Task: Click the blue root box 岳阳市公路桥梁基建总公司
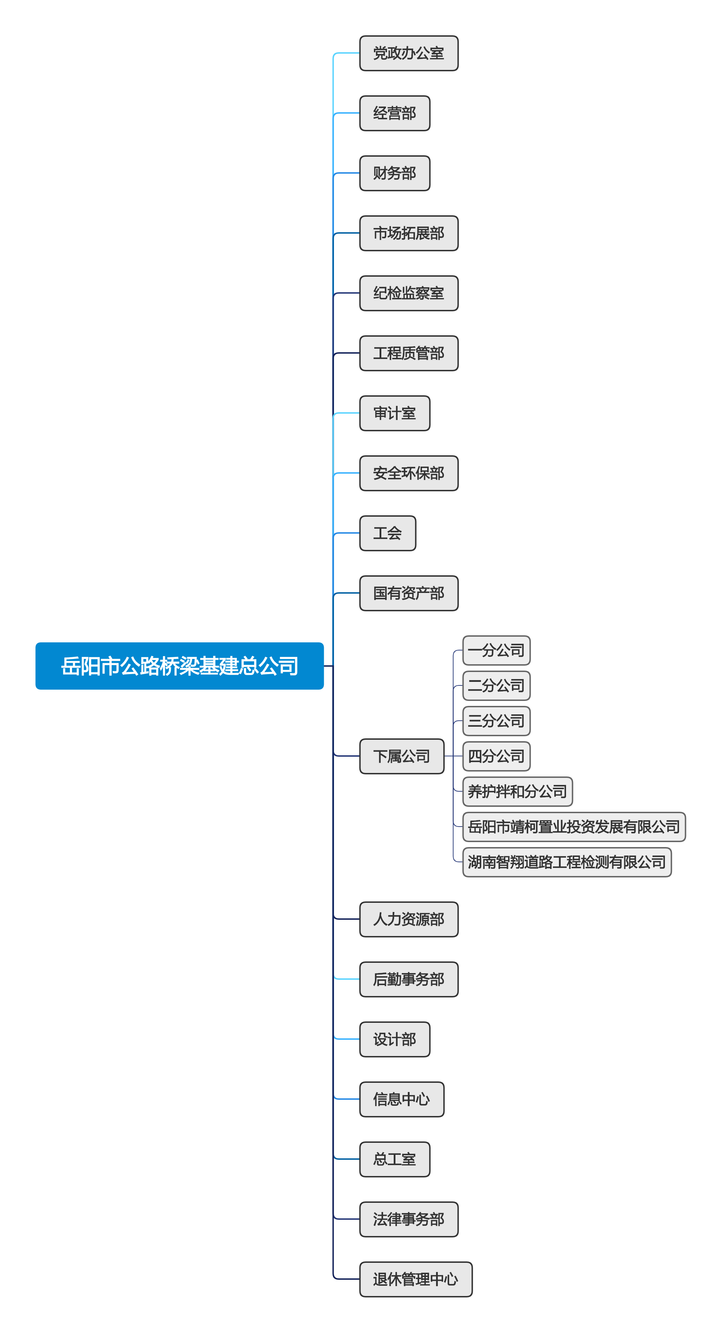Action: point(179,666)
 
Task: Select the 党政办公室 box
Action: point(409,53)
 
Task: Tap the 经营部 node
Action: point(395,113)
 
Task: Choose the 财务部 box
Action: point(395,173)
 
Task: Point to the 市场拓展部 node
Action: point(409,233)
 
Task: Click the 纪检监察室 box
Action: point(409,293)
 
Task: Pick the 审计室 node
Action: point(395,413)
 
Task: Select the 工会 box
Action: point(387,533)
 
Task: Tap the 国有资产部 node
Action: point(409,593)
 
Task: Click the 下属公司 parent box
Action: point(401,756)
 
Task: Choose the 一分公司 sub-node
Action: point(496,650)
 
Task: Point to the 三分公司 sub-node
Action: point(496,721)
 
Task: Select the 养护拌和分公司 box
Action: point(517,791)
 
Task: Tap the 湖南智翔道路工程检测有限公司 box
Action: point(566,862)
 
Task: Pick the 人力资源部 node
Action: point(409,919)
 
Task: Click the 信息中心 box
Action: point(401,1099)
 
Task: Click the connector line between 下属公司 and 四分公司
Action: point(453,756)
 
